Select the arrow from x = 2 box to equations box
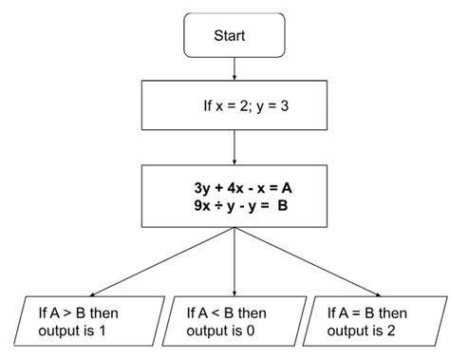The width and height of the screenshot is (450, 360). [x=234, y=147]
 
